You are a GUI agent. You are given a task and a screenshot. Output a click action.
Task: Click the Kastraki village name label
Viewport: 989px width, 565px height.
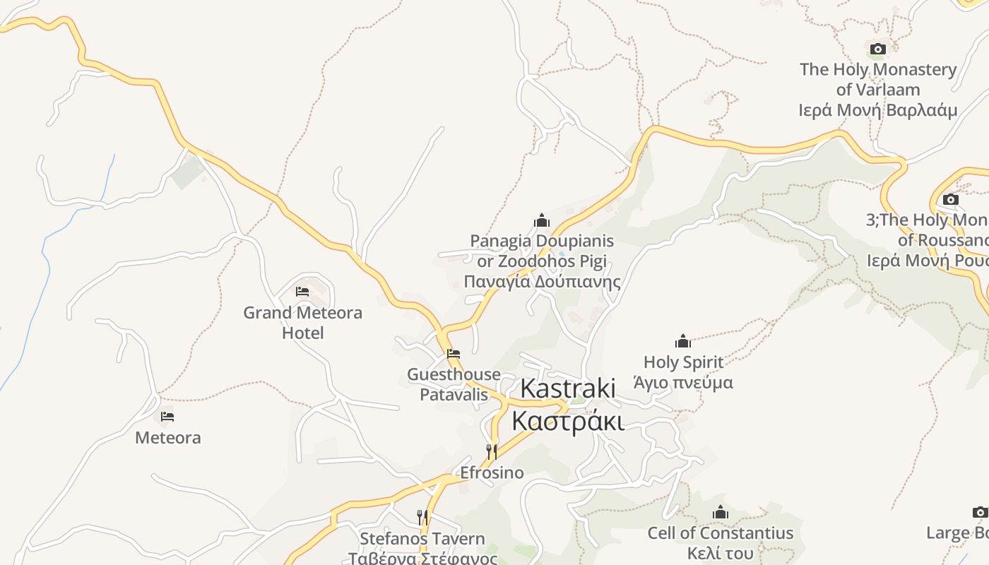(568, 405)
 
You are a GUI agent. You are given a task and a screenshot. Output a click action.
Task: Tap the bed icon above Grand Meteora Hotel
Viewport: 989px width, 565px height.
(302, 292)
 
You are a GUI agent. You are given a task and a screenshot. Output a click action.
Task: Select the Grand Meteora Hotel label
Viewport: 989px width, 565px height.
(302, 322)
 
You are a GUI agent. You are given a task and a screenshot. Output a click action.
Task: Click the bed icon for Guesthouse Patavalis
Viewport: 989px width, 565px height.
(454, 353)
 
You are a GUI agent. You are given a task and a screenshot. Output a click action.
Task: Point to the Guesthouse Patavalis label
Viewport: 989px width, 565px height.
(454, 384)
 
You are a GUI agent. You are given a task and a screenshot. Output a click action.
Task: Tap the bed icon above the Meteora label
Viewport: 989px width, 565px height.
(167, 417)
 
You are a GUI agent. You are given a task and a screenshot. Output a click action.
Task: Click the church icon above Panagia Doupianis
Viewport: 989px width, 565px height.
(542, 220)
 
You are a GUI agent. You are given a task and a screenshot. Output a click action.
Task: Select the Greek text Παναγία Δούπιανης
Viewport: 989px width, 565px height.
(542, 282)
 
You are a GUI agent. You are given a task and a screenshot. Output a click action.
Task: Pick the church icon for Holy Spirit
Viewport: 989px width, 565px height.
(683, 342)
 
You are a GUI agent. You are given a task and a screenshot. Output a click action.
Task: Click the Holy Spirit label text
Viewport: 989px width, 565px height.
(683, 362)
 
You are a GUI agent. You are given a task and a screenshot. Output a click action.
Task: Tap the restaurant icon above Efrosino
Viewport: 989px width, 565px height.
(492, 451)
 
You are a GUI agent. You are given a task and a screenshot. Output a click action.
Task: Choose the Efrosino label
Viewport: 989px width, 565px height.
(492, 472)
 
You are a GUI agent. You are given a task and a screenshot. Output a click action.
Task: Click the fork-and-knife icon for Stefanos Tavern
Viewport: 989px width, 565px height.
(422, 518)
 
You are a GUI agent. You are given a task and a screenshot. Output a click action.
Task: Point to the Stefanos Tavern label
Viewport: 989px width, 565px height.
(422, 539)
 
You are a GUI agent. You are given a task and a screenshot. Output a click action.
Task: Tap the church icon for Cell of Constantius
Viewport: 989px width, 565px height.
(721, 512)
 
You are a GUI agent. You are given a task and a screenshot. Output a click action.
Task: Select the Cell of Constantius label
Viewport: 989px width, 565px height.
(721, 533)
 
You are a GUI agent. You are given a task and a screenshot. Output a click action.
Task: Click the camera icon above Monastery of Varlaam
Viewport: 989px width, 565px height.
(878, 49)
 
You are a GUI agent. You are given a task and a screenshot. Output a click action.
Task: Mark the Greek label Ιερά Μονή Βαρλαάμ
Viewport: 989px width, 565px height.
(878, 110)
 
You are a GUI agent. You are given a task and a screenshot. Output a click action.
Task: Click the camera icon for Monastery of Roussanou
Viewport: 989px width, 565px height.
(951, 199)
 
